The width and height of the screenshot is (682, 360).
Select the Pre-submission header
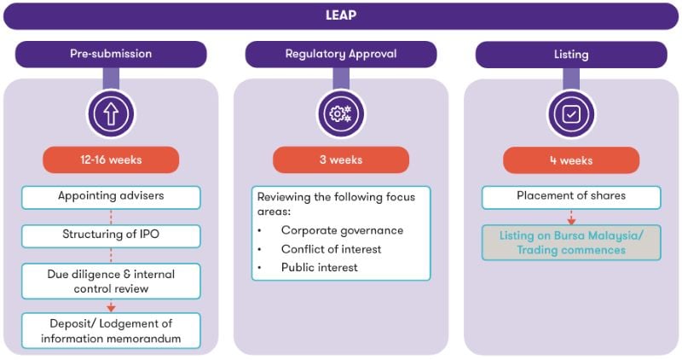[x=111, y=54]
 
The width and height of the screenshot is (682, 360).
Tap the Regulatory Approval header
[x=341, y=54]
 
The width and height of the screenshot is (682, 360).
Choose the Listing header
[x=571, y=54]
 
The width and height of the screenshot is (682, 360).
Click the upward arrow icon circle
[x=111, y=113]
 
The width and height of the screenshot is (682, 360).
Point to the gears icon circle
[x=341, y=113]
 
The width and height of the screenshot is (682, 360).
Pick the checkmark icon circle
[x=571, y=113]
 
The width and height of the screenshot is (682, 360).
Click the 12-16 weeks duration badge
[x=111, y=160]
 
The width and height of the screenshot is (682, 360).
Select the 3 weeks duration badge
[x=341, y=160]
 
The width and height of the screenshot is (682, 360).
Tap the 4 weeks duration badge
[x=571, y=160]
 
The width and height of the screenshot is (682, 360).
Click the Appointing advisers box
[x=111, y=196]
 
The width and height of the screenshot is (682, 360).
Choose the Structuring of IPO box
[x=111, y=235]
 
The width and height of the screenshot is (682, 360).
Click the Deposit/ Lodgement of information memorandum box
[x=111, y=330]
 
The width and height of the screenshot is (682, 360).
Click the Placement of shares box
[x=571, y=196]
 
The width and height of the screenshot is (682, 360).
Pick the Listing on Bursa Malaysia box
[x=571, y=243]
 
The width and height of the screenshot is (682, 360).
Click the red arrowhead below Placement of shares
[x=571, y=220]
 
